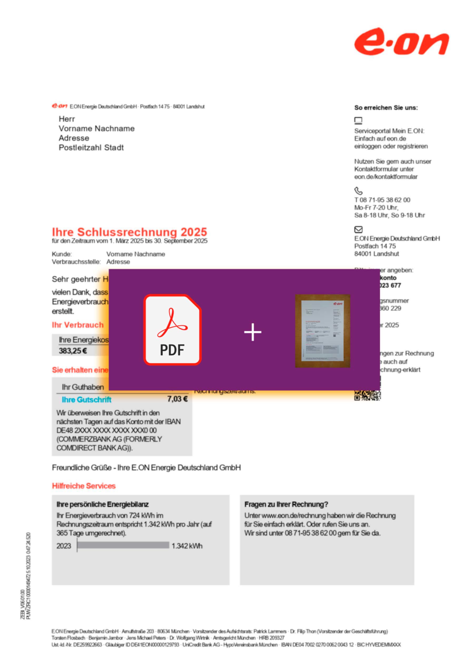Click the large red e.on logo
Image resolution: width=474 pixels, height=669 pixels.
click(401, 41)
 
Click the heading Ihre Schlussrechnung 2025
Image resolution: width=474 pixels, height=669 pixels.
click(129, 232)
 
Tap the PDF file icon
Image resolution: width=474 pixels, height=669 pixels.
click(172, 330)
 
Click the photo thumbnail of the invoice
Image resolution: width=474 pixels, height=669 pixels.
click(322, 331)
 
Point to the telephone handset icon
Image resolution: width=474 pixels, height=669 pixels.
click(358, 191)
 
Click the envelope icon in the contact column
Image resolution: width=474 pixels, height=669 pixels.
click(358, 229)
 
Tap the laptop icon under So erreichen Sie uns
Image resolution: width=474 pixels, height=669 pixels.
click(358, 120)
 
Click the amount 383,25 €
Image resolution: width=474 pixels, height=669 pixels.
click(73, 351)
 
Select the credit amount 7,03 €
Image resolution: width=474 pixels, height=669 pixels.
click(177, 399)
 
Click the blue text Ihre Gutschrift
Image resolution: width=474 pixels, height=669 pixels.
click(86, 400)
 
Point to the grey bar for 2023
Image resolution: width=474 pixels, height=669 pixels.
click(123, 545)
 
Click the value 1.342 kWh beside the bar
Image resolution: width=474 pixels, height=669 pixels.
click(187, 546)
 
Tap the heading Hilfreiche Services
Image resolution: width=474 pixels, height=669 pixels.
click(84, 486)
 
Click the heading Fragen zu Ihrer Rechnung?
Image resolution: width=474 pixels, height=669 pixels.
click(286, 504)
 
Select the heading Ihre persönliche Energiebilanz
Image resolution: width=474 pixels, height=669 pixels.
click(102, 504)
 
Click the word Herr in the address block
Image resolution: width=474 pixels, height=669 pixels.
click(67, 119)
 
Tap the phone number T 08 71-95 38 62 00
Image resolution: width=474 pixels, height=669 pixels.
click(382, 200)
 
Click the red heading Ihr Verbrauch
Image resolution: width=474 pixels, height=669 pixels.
click(78, 325)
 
